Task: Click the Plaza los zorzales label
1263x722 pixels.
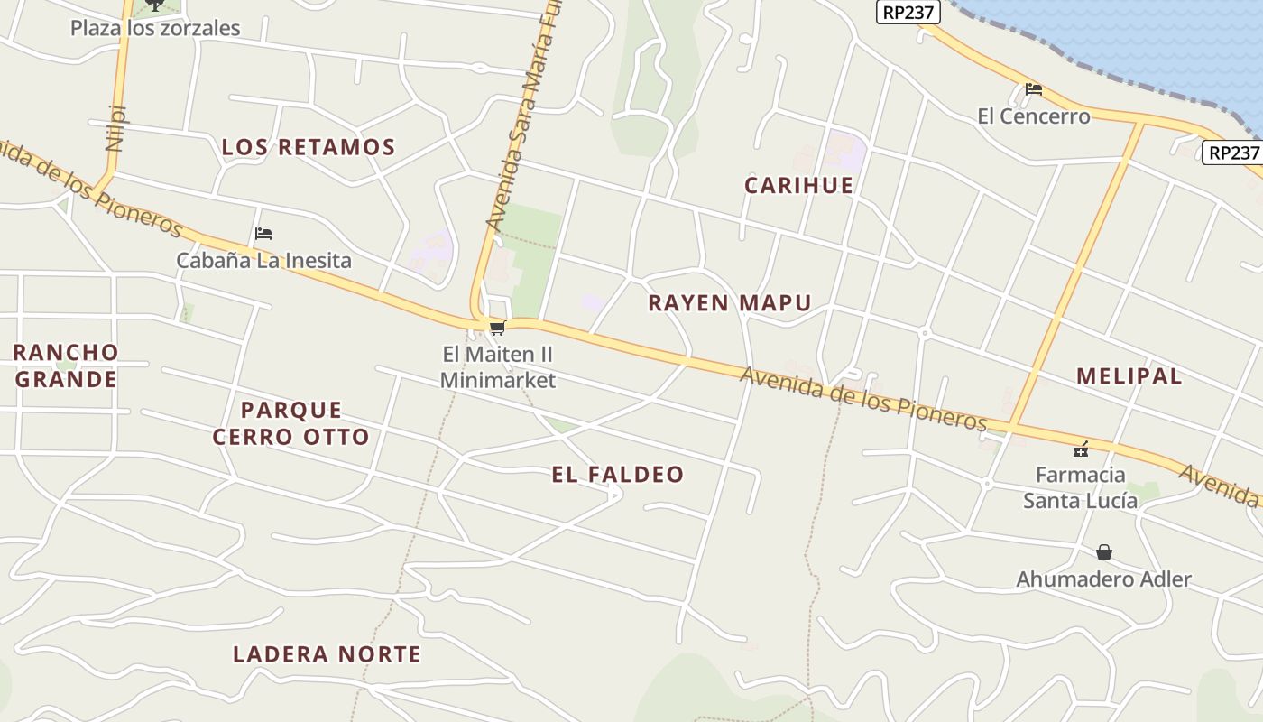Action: (155, 28)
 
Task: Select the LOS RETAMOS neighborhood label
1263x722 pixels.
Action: (309, 147)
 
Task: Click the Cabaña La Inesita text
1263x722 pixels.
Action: (263, 261)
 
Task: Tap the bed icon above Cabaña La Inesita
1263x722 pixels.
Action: (263, 234)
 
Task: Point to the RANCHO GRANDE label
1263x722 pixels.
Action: (66, 366)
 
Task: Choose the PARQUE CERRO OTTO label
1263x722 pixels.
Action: (291, 423)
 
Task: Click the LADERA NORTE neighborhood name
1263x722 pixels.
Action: (327, 654)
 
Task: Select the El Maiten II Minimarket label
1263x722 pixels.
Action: (497, 367)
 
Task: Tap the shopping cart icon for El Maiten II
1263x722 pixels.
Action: (497, 329)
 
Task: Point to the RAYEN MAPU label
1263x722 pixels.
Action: (730, 303)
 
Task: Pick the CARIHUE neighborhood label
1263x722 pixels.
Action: (798, 186)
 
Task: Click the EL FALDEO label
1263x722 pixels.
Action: (618, 475)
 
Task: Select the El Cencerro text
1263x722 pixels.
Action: (1034, 116)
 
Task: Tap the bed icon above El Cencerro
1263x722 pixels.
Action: (1034, 89)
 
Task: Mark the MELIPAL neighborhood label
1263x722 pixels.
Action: (1129, 376)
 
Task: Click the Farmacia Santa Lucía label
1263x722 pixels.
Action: (1081, 487)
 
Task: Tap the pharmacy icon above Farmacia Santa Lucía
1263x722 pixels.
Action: (1081, 449)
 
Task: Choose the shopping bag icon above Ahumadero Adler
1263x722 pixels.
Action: (1104, 552)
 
